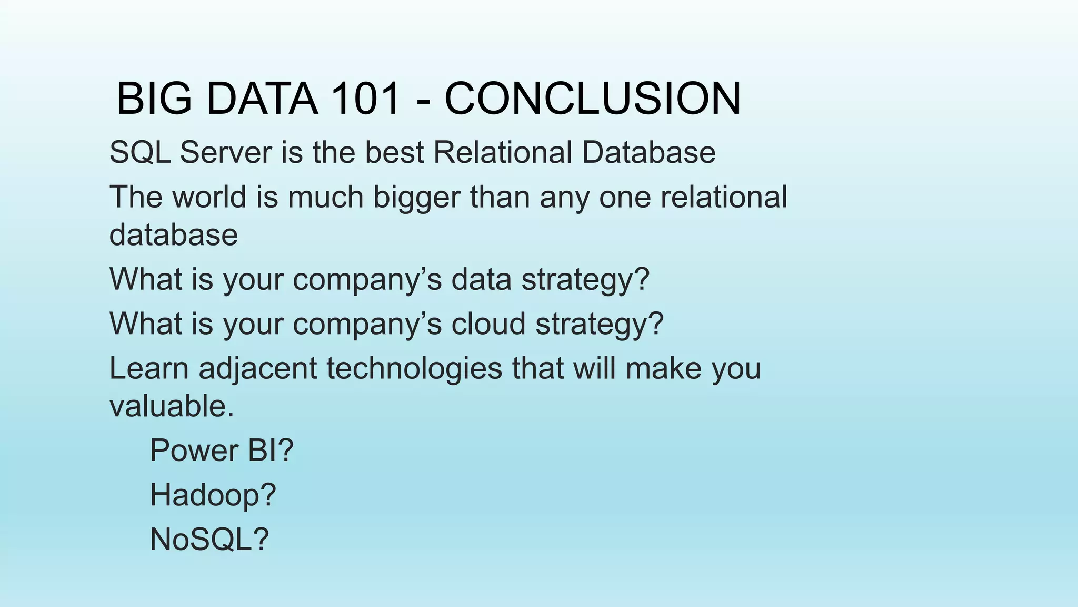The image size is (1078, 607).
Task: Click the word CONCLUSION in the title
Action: (593, 99)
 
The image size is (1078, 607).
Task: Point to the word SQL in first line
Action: (139, 153)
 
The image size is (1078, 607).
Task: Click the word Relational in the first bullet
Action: (502, 153)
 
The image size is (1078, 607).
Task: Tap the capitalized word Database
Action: (648, 153)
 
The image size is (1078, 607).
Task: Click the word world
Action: (209, 197)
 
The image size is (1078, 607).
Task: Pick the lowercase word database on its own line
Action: (173, 235)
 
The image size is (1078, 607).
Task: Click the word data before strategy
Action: (481, 279)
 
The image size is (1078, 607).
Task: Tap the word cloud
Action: (488, 324)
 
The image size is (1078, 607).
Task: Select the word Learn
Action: (148, 368)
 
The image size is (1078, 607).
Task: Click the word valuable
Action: (171, 406)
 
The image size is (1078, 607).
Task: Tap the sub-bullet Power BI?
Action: (221, 451)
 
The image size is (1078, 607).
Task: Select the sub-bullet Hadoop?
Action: (213, 495)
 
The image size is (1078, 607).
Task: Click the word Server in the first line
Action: (226, 153)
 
